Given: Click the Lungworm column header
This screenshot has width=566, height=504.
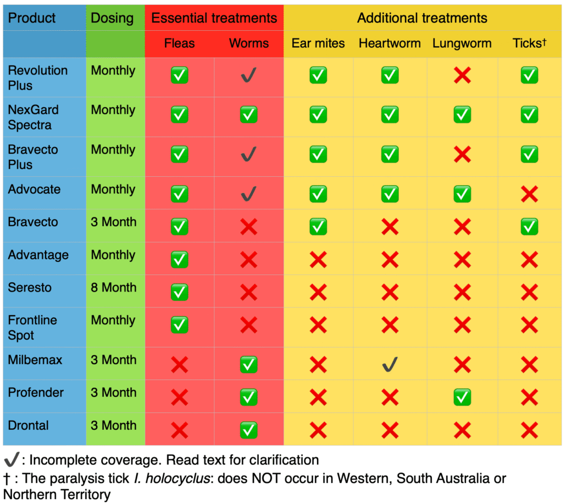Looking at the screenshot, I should click(x=462, y=43).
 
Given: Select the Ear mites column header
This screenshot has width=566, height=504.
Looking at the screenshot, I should click(x=318, y=43).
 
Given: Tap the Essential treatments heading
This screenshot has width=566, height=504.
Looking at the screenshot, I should click(x=214, y=18).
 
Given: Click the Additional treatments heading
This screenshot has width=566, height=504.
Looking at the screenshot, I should click(x=422, y=18).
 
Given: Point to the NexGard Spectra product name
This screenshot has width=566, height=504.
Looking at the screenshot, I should click(x=33, y=117).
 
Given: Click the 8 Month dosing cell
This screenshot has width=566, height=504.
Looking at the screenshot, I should click(x=113, y=288).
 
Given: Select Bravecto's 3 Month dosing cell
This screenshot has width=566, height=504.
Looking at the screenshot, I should click(x=113, y=222).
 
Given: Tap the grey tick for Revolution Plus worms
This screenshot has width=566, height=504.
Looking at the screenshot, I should click(x=249, y=76).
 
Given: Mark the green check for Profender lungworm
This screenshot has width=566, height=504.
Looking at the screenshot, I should click(x=462, y=397).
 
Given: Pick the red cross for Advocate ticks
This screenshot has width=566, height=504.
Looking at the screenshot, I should click(x=529, y=194).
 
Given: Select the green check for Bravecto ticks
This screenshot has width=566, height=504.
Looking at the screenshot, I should click(x=529, y=226).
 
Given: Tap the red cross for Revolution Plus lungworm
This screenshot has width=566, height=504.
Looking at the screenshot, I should click(x=462, y=76).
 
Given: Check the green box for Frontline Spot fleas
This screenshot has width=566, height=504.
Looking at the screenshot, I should click(x=180, y=324).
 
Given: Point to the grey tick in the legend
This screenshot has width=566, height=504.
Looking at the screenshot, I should click(x=11, y=460).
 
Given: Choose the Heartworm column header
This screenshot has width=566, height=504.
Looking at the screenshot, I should click(x=390, y=43).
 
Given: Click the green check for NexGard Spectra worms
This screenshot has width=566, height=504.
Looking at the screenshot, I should click(x=249, y=114).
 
